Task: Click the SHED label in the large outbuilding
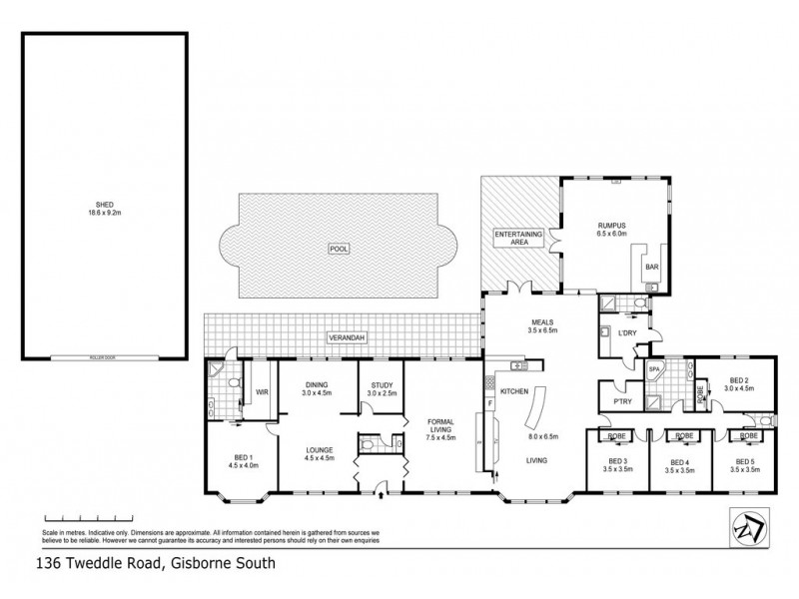coord(105,204)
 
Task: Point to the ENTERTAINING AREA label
coord(518,238)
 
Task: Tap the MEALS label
coord(541,321)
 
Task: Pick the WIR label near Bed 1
coord(263,393)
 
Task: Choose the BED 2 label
coord(739,380)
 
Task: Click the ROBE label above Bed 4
coord(684,436)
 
